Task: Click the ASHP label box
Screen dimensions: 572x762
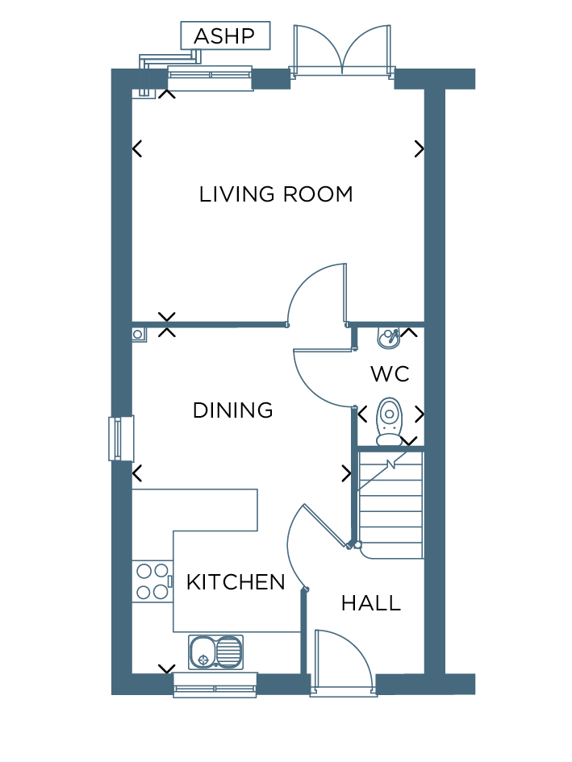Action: pos(225,35)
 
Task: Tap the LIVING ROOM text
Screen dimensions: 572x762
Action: pos(276,194)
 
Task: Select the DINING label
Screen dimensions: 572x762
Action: pos(232,410)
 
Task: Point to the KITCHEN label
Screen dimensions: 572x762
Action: pos(236,582)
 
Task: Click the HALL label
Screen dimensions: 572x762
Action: pos(371,603)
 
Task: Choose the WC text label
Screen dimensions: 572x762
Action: pos(390,374)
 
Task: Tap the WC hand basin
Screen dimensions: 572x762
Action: pos(389,337)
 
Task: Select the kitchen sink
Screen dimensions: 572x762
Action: pos(216,652)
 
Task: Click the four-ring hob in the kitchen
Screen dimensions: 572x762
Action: pos(152,581)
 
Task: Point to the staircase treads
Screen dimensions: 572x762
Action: pos(390,506)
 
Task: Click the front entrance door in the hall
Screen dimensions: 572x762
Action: pos(344,662)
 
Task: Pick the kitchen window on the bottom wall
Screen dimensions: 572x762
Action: pos(215,685)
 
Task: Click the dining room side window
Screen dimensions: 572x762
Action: pos(121,439)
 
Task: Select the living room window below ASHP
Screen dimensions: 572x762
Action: pos(210,77)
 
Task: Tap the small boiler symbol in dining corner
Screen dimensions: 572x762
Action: pos(139,335)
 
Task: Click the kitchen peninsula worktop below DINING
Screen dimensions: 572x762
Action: pos(194,510)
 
